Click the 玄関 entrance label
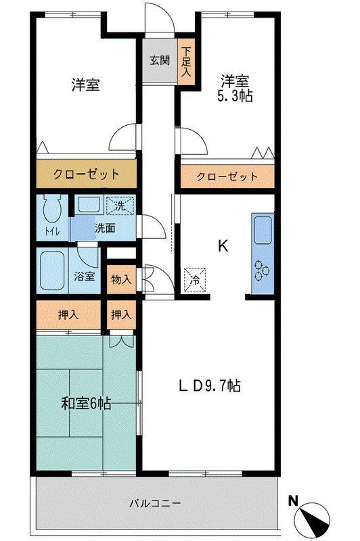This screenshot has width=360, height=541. point(159,60)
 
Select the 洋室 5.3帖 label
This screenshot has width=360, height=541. point(235,89)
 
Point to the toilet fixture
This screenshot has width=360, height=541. point(52,209)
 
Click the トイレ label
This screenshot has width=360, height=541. point(52,232)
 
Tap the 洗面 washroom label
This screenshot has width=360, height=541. point(105,228)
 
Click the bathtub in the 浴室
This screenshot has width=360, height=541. point(52,270)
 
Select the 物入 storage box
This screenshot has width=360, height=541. point(121,278)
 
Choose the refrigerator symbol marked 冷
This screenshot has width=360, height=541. point(196,278)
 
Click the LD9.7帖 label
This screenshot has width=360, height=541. point(209,386)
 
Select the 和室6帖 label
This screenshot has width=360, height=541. point(86,404)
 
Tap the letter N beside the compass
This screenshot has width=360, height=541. point(293,501)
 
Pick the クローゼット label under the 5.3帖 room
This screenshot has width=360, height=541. point(227,177)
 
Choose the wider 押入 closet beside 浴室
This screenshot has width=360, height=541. point(68,314)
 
